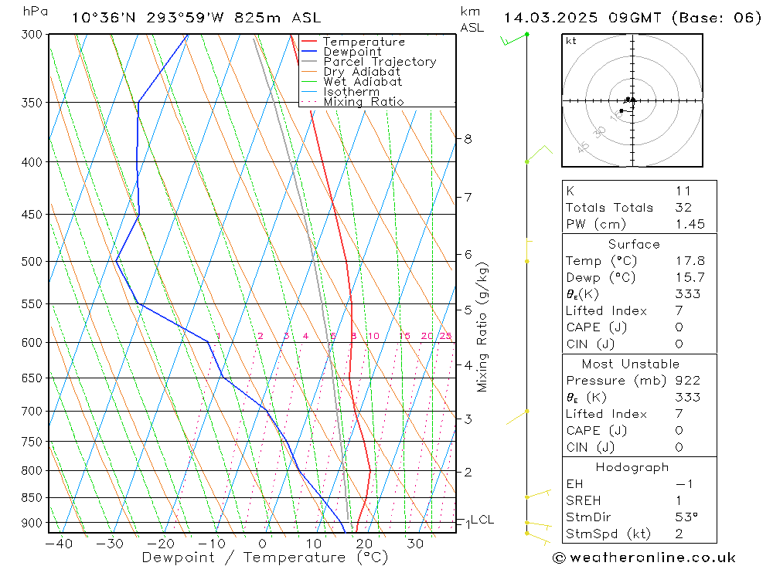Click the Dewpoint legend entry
pos(352,52)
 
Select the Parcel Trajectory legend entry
pos(379,62)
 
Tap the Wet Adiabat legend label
pos(362,82)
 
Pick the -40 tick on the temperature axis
pos(59,544)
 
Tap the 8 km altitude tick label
pos(468,139)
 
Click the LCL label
pos(482,520)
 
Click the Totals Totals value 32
pos(683,208)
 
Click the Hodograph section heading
pos(633,468)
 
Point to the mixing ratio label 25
pos(445,336)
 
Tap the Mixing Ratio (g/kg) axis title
pos(483,327)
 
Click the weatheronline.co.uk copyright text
pos(644,558)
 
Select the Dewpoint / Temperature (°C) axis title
pos(265,557)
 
